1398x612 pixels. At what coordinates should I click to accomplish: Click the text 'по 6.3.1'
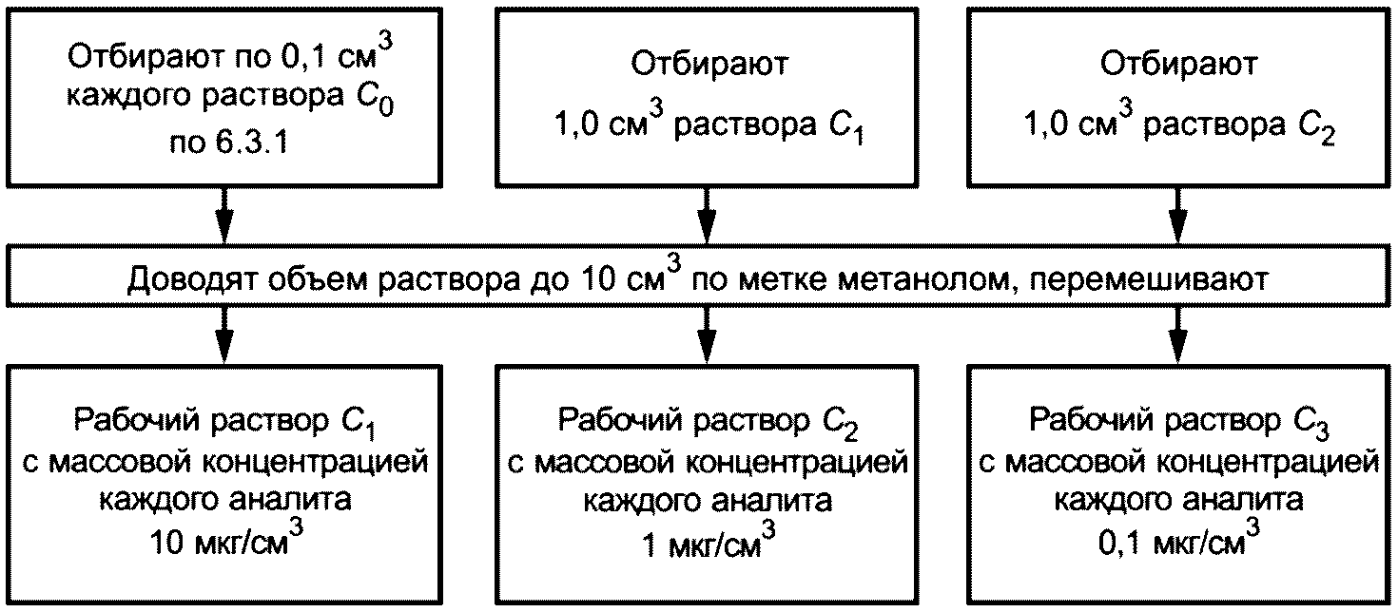tap(228, 143)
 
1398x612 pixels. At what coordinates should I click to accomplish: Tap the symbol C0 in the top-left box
tap(376, 99)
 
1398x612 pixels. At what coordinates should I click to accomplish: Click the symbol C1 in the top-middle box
tap(845, 127)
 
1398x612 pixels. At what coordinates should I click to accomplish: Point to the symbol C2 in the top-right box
tap(1316, 127)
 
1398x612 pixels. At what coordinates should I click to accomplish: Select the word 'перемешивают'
tap(1149, 279)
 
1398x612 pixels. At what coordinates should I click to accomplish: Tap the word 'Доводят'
tap(192, 280)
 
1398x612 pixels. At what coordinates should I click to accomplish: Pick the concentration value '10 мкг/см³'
tap(227, 539)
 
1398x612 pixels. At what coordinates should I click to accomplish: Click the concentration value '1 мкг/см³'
tap(709, 542)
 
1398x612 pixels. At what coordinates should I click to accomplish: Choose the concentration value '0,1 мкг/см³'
tap(1178, 541)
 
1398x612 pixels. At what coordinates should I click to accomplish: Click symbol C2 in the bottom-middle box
tap(840, 424)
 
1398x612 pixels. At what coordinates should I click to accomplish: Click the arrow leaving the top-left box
tap(224, 215)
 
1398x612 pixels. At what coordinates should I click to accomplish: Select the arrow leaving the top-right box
tap(1177, 215)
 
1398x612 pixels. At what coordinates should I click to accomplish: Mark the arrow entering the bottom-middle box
tap(707, 335)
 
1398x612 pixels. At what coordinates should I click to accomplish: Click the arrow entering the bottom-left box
tap(224, 335)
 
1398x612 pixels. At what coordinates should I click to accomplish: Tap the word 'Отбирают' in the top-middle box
tap(709, 65)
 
